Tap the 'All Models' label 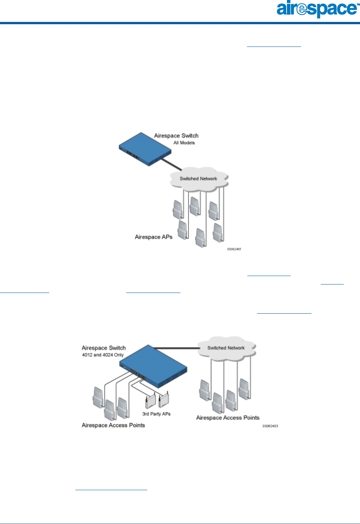(x=184, y=143)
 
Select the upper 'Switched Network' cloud (x=198, y=179)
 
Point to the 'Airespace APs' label (x=153, y=237)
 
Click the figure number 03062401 (x=234, y=249)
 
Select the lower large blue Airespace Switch (x=154, y=367)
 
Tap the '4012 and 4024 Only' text (x=103, y=355)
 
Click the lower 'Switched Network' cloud (x=226, y=348)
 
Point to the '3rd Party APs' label (x=156, y=414)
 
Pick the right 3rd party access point (x=164, y=400)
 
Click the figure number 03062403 (x=270, y=426)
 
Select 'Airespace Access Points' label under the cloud (x=228, y=418)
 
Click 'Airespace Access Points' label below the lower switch (x=113, y=425)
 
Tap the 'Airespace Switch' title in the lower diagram (x=104, y=348)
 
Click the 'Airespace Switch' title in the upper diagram (x=176, y=136)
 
